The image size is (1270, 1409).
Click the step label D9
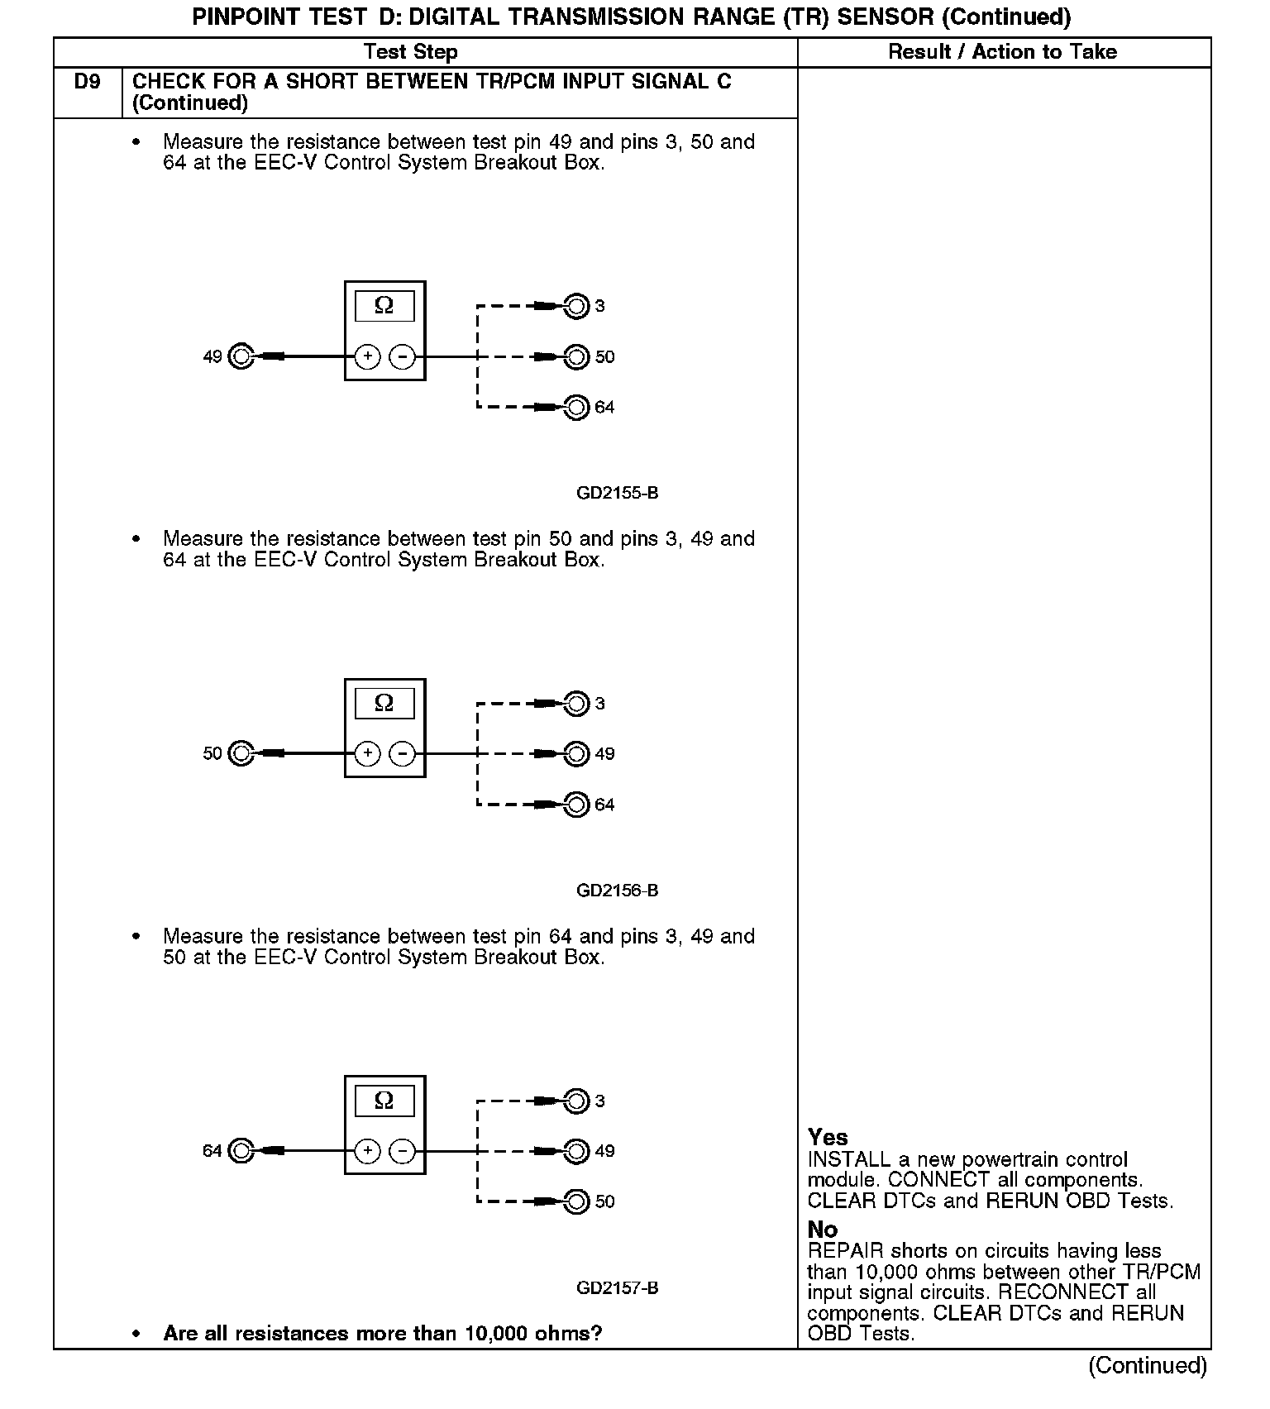click(x=87, y=82)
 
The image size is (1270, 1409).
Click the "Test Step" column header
click(x=410, y=52)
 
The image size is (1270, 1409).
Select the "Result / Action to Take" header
click(x=1002, y=52)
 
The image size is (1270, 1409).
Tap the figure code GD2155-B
click(x=617, y=494)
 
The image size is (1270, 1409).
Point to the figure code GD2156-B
click(x=617, y=891)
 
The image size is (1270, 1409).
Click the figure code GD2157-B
click(x=617, y=1288)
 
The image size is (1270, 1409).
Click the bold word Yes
click(x=828, y=1137)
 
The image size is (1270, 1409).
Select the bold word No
click(x=822, y=1230)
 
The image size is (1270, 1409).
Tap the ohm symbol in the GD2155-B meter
click(x=384, y=306)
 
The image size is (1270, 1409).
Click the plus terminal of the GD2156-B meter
click(x=367, y=754)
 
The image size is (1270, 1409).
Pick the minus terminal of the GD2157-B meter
click(x=402, y=1151)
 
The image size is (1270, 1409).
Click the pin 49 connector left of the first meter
click(x=241, y=356)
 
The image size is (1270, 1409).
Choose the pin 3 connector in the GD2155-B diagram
click(x=575, y=306)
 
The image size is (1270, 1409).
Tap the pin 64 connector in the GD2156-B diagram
click(x=575, y=805)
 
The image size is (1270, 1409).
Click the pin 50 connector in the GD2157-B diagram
click(x=575, y=1201)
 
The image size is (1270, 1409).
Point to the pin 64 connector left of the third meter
click(x=241, y=1151)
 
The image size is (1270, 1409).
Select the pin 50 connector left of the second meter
click(x=241, y=754)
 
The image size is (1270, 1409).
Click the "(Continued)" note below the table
click(x=1148, y=1365)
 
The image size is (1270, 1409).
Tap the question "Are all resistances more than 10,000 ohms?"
click(x=382, y=1333)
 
